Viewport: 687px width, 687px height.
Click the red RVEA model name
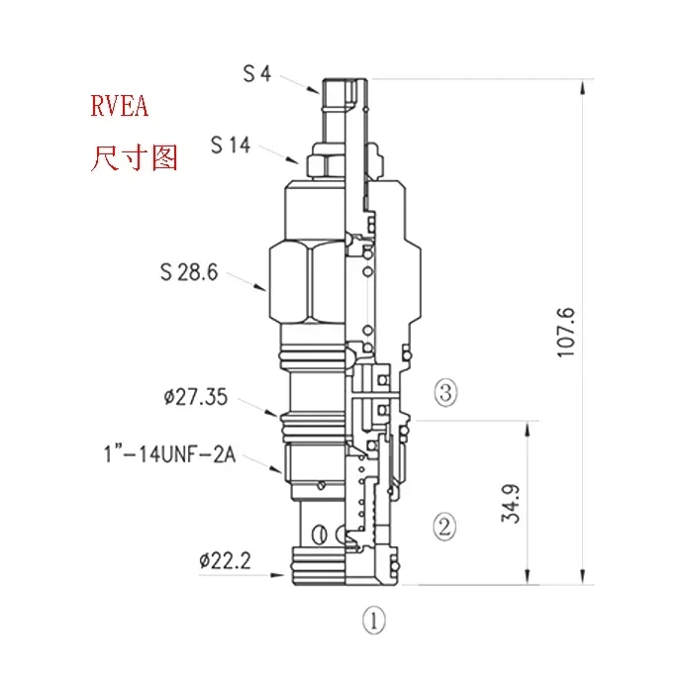(x=119, y=106)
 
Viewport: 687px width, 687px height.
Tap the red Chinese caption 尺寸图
(x=134, y=157)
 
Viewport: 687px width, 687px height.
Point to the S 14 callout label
(x=231, y=146)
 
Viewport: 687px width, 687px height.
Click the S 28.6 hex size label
(x=189, y=272)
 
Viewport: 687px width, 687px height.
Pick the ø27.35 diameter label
(x=196, y=397)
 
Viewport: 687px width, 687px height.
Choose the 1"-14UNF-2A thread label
(x=169, y=454)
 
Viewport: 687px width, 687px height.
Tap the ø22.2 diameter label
(x=225, y=561)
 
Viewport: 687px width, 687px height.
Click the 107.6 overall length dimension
(x=565, y=333)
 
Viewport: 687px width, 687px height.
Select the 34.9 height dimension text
(x=510, y=504)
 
